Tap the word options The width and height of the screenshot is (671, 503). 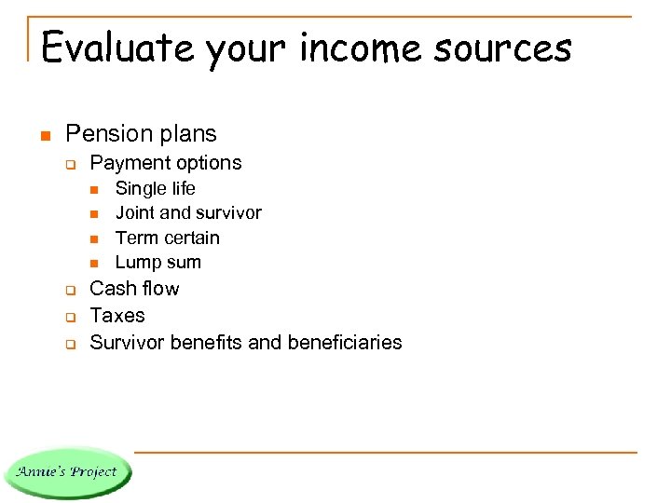pyautogui.click(x=206, y=163)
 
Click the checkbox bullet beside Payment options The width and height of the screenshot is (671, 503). pyautogui.click(x=69, y=164)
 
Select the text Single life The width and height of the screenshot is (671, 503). pyautogui.click(x=155, y=189)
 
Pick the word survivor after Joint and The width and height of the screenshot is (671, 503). pyautogui.click(x=226, y=213)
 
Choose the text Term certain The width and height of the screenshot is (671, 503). pyautogui.click(x=167, y=238)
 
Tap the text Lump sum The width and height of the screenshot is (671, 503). pyautogui.click(x=157, y=262)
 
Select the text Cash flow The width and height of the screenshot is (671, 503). pyautogui.click(x=134, y=289)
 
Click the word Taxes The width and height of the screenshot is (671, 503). pyautogui.click(x=117, y=315)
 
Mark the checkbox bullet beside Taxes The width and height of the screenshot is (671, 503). pyautogui.click(x=69, y=317)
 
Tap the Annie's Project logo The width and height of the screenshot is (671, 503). pyautogui.click(x=67, y=471)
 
